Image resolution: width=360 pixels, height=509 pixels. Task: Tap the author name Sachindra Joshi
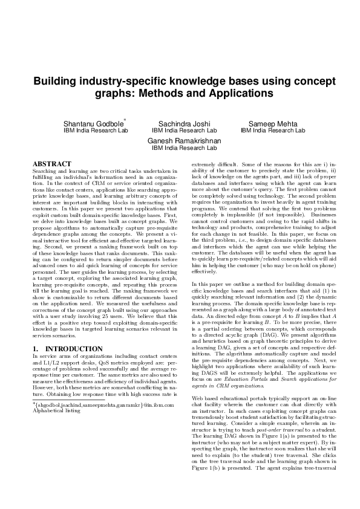(184, 124)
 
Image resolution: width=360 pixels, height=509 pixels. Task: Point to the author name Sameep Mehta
(273, 124)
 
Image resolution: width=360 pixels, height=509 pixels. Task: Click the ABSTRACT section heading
(51, 164)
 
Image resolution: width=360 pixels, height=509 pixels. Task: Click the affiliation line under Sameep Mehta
(273, 131)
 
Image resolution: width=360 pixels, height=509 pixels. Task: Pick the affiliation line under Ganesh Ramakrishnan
(184, 148)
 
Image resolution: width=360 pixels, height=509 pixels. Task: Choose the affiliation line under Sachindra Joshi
(184, 131)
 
